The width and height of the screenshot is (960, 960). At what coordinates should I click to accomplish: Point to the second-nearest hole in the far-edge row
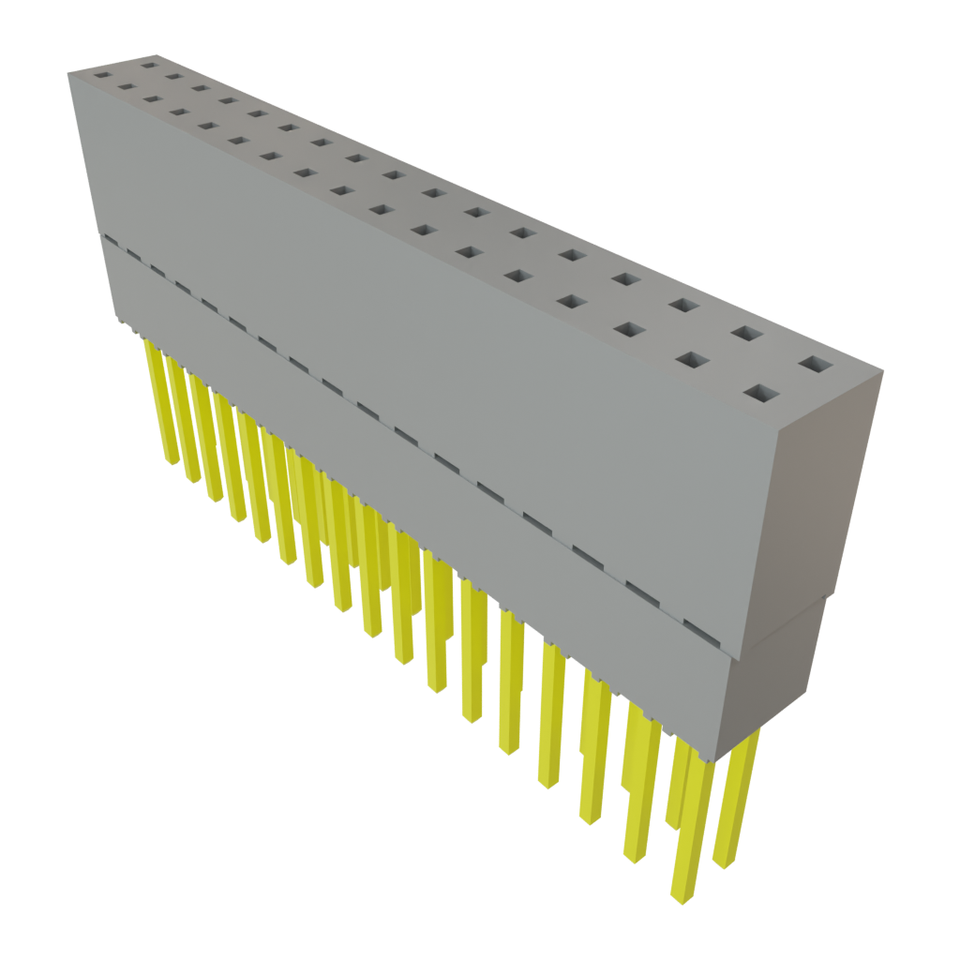click(x=745, y=333)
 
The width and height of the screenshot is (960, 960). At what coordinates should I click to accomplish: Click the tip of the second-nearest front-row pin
click(x=635, y=855)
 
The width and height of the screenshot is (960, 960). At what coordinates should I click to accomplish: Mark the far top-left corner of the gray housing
click(x=68, y=73)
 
